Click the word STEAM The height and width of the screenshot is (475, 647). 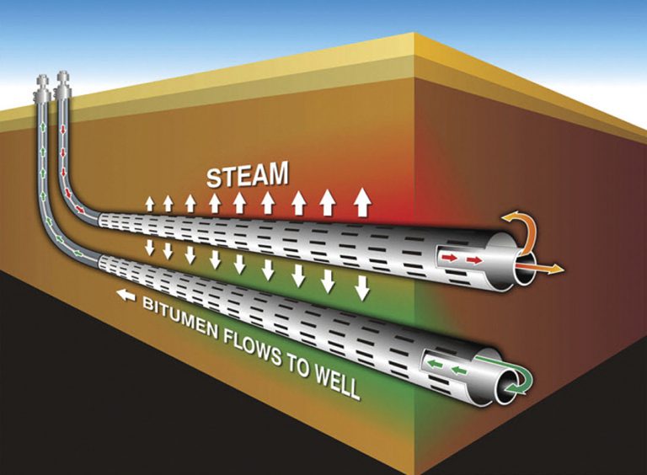point(247,175)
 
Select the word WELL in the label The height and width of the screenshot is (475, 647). point(335,382)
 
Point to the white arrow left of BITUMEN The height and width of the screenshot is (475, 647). point(126,296)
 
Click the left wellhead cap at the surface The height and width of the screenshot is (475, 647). point(43,88)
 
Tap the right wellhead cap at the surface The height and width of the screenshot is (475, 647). point(63,85)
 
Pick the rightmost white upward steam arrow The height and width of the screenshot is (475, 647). point(362,201)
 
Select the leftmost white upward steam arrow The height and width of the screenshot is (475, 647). point(150,205)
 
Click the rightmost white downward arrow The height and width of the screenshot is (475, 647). point(362,288)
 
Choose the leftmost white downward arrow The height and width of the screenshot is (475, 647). point(150,248)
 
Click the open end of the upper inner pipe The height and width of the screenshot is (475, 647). point(524,269)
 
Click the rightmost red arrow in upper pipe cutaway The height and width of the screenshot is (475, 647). point(475,260)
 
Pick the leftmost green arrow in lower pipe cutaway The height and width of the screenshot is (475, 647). point(434,364)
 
